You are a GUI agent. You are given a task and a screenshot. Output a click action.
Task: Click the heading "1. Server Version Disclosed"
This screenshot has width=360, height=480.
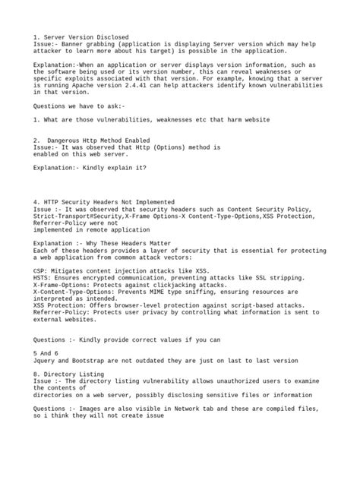click(81, 37)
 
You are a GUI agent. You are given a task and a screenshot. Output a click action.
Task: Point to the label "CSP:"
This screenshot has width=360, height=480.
click(42, 270)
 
